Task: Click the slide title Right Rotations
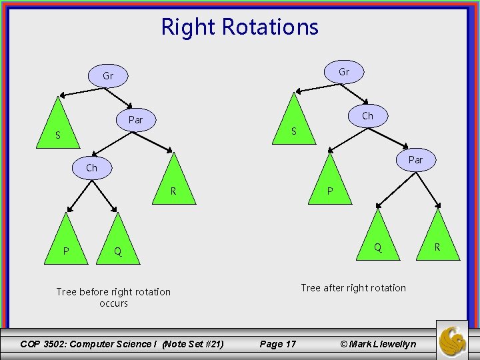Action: point(240,27)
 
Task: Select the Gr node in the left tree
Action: point(107,76)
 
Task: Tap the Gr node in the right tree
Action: point(344,72)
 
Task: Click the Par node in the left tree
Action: point(135,120)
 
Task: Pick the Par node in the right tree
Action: point(415,160)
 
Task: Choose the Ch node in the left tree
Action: point(91,168)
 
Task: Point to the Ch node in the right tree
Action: point(367,116)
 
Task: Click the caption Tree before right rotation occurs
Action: point(113,297)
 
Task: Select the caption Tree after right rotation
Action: point(353,288)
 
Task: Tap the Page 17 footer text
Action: point(277,344)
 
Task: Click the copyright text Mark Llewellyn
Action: point(377,344)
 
